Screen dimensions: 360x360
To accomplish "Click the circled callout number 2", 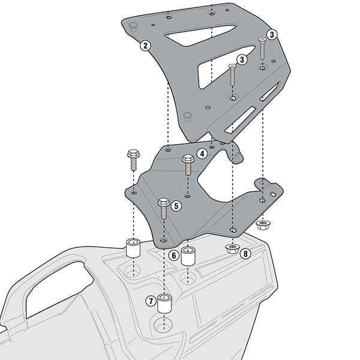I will point(145,45).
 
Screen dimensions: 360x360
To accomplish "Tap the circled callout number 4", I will point(202,154).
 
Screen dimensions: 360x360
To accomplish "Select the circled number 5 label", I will point(176,206).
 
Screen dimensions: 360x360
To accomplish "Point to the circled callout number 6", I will point(173,256).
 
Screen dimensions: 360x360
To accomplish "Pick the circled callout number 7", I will point(149,300).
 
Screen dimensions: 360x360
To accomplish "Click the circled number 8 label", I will point(245,254).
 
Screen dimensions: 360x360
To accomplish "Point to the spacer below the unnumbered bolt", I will point(133,247).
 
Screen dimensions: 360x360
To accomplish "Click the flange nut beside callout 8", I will point(231,248).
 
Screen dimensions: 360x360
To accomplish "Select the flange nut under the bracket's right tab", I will point(262,225).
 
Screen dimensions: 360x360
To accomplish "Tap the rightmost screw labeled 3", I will point(262,47).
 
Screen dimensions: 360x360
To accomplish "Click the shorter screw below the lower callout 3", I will point(231,76).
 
